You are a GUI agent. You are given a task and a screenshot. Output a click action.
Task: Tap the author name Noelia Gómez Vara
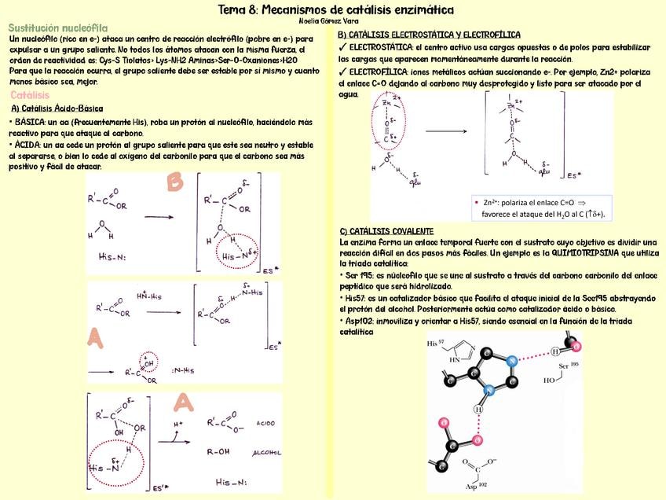(x=334, y=22)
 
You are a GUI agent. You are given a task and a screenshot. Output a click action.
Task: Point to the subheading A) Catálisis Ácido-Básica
(x=57, y=108)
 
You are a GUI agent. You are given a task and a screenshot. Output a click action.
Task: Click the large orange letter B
(x=174, y=182)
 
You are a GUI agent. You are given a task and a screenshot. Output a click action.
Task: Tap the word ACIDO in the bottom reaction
(x=265, y=423)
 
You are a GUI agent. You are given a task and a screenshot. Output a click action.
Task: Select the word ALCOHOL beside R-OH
(x=266, y=453)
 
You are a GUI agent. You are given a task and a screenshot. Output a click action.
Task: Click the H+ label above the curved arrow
(x=178, y=423)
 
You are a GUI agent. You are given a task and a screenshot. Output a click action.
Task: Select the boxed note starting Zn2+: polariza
(x=542, y=207)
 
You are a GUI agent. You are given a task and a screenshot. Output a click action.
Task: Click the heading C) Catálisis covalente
(x=386, y=231)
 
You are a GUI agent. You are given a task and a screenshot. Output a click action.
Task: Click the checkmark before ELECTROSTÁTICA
(x=342, y=48)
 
